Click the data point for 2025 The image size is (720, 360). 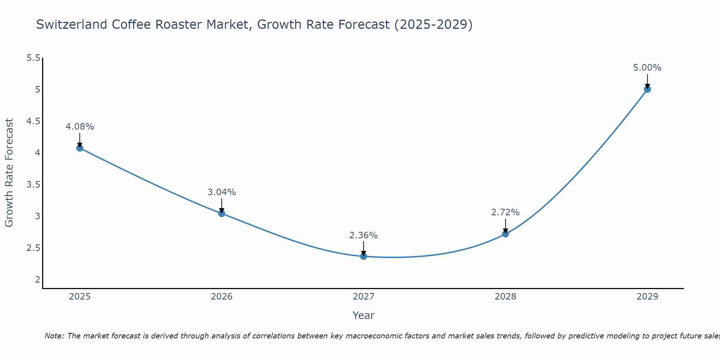tap(80, 148)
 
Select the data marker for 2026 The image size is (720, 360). tap(222, 213)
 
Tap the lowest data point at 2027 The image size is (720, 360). tap(364, 256)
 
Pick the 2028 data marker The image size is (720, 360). tap(505, 234)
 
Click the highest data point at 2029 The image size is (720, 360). tap(647, 89)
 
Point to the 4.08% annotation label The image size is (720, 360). tap(80, 127)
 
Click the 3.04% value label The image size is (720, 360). tap(222, 192)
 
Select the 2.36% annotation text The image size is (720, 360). tap(364, 235)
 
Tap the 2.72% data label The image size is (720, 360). tap(505, 212)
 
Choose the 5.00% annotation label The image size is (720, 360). tap(647, 68)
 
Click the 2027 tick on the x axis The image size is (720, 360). tap(364, 297)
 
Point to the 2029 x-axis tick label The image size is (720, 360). tap(647, 297)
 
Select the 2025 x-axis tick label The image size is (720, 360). tap(80, 297)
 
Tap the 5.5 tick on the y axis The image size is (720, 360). tap(33, 58)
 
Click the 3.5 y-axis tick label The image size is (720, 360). tap(33, 185)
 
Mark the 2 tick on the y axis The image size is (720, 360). tap(37, 280)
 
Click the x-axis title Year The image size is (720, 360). tap(364, 315)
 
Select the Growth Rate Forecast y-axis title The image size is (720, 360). tap(9, 173)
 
